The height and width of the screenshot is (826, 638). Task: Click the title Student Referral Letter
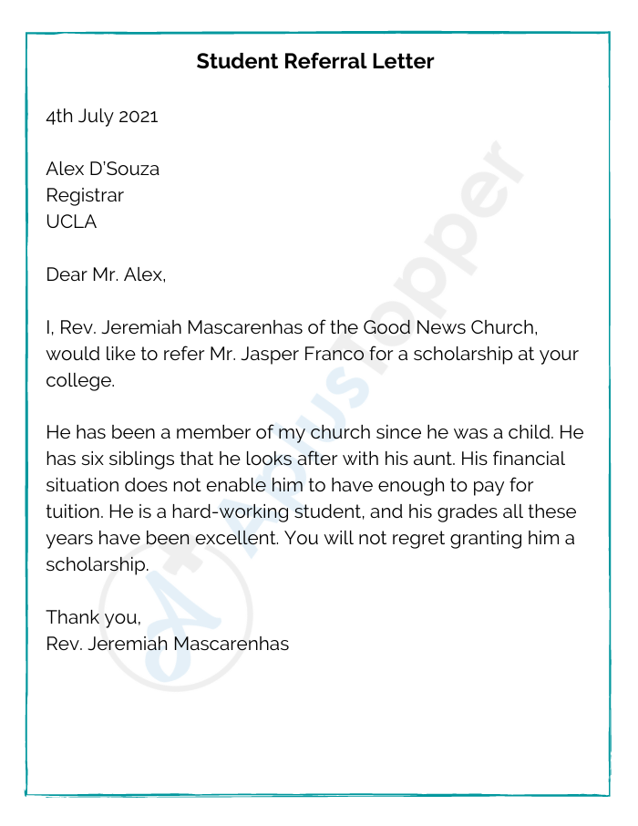[x=315, y=62]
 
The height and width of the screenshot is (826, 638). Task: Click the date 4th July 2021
[x=102, y=117]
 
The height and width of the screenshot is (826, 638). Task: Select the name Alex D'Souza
[x=103, y=170]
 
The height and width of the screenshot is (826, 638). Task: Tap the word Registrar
[x=85, y=196]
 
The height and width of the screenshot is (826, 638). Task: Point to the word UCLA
[x=71, y=222]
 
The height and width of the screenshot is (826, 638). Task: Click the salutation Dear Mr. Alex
[x=106, y=274]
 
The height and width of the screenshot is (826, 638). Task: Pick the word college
[x=80, y=380]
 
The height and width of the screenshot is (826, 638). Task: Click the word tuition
[x=74, y=511]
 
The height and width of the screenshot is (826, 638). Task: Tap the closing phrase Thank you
[x=94, y=617]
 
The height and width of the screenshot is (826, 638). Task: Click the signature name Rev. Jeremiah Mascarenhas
[x=168, y=644]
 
